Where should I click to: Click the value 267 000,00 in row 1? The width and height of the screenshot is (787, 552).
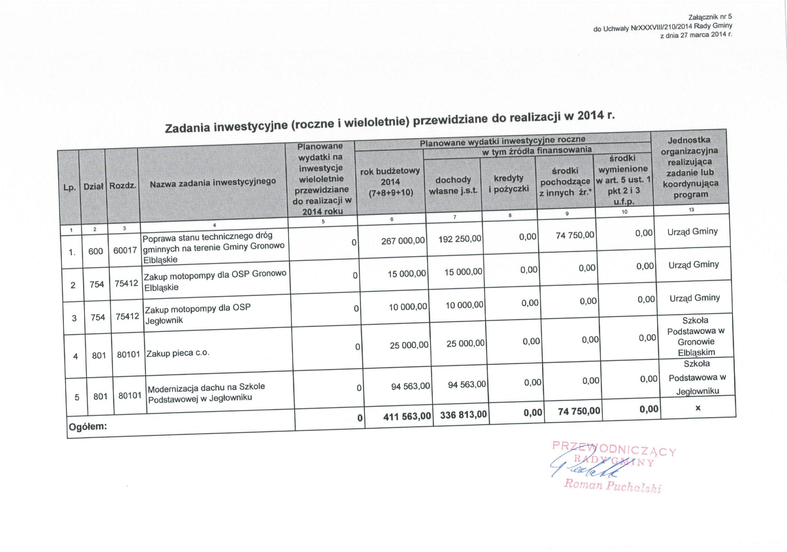point(403,240)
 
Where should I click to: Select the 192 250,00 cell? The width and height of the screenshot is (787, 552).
point(460,239)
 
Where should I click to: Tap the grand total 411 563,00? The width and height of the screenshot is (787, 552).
point(407,416)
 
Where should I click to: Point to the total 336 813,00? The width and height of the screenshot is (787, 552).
point(463,415)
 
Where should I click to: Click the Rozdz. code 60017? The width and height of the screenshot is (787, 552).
point(125,250)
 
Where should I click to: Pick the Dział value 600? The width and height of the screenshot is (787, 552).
point(95,251)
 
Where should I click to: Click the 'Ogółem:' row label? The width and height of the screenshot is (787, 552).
point(88,427)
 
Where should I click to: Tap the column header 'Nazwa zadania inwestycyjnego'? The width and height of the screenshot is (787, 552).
point(213,183)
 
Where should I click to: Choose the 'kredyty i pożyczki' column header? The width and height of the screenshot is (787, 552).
point(509,183)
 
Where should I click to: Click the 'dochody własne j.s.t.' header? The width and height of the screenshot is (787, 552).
point(453,185)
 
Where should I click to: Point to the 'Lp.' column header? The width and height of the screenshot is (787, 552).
point(70,188)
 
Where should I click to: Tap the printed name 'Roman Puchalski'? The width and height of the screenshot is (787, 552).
point(612,485)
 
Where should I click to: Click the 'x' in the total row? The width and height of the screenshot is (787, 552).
point(698,408)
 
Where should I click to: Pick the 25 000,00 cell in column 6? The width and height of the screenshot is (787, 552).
point(409,345)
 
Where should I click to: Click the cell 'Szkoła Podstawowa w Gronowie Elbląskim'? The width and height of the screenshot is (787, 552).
point(696,336)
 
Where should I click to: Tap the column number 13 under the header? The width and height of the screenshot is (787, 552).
point(691,209)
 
